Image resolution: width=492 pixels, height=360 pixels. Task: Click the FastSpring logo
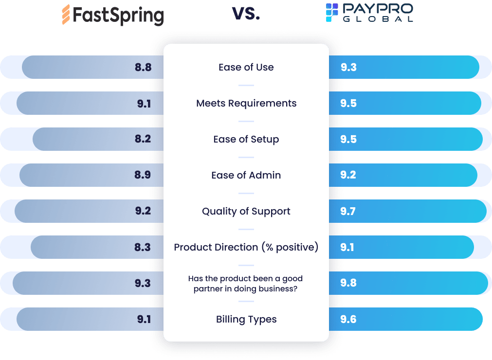coord(112,15)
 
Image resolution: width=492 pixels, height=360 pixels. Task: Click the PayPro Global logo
coord(369,13)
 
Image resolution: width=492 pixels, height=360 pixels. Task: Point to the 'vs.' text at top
coord(246,14)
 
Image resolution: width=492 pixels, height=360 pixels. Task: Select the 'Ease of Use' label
coord(246,67)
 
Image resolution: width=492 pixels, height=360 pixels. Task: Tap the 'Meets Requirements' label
coord(246,103)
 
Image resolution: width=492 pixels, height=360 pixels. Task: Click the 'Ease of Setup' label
coord(246,139)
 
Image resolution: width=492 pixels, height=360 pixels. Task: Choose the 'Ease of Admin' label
coord(246,175)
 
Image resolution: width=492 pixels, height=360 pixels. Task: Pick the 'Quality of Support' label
coord(246,211)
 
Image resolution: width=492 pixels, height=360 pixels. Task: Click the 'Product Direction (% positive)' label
coord(246,247)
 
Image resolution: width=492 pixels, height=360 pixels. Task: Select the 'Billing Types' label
coord(246,319)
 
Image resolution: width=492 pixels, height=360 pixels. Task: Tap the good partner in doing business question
coord(246,283)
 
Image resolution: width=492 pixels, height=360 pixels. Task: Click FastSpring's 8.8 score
coord(143,67)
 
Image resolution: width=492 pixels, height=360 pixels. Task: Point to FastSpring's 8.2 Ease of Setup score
coord(143,139)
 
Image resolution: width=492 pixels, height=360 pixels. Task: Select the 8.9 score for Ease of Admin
coord(143,175)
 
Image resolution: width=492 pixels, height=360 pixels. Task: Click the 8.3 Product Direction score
coord(143,247)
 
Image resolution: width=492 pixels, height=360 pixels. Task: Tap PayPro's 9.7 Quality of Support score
coord(348,211)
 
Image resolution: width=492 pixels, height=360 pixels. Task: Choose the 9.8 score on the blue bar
coord(348,283)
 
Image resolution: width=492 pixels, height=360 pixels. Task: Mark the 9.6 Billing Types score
coord(348,319)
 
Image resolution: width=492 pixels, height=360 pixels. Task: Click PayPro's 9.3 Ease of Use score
coord(348,67)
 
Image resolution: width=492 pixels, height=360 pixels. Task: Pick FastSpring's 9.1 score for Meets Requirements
coord(144,103)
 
